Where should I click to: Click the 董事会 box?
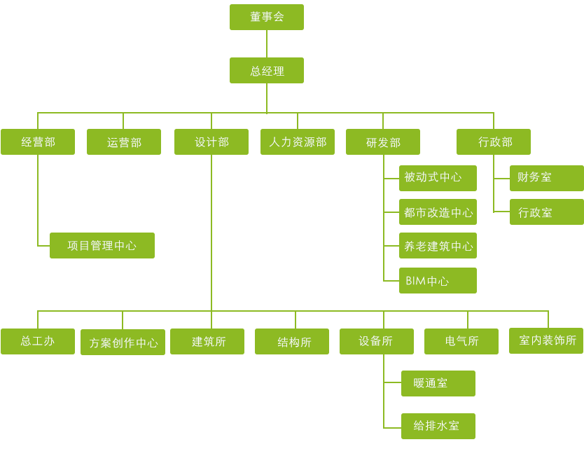pyautogui.click(x=267, y=18)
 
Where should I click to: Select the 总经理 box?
pyautogui.click(x=267, y=70)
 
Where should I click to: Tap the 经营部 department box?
pyautogui.click(x=38, y=141)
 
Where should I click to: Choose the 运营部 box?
pyautogui.click(x=124, y=141)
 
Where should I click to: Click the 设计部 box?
pyautogui.click(x=211, y=141)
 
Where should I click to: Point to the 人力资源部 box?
pyautogui.click(x=297, y=141)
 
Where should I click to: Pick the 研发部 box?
pyautogui.click(x=383, y=141)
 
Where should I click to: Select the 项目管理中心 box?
pyautogui.click(x=102, y=246)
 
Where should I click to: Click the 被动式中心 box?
pyautogui.click(x=438, y=178)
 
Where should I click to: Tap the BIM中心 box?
pyautogui.click(x=438, y=280)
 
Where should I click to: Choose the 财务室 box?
pyautogui.click(x=546, y=178)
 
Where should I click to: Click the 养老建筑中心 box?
pyautogui.click(x=438, y=246)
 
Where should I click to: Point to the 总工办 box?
pyautogui.click(x=38, y=341)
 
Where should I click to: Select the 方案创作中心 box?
pyautogui.click(x=123, y=343)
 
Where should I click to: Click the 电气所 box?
pyautogui.click(x=461, y=341)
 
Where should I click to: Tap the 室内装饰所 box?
pyautogui.click(x=546, y=340)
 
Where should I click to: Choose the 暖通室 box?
pyautogui.click(x=438, y=383)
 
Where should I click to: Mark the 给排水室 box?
pyautogui.click(x=438, y=425)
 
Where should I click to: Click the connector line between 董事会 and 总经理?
pyautogui.click(x=267, y=43)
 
